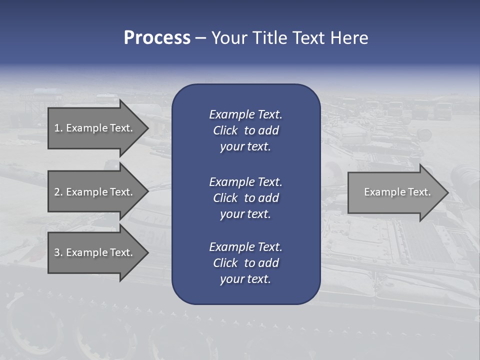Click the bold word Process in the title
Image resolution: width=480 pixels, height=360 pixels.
pos(157,38)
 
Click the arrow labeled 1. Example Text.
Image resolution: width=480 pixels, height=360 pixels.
pos(95,128)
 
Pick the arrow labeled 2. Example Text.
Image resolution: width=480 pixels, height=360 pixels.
pos(95,192)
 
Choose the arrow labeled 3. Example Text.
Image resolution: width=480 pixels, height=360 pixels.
pos(95,252)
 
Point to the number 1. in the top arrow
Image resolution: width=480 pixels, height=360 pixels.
pos(58,128)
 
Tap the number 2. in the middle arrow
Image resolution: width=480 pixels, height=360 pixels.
pos(58,192)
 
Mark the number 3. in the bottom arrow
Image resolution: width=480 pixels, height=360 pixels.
pos(58,252)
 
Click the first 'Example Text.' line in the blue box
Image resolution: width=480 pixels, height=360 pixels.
pos(245,114)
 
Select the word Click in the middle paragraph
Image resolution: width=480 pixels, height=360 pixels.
pos(225,198)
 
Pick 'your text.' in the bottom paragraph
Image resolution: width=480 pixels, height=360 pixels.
pos(245,279)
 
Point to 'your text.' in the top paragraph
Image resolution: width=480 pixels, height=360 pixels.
pos(245,146)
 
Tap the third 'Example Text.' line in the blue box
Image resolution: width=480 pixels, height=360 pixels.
pos(245,247)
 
